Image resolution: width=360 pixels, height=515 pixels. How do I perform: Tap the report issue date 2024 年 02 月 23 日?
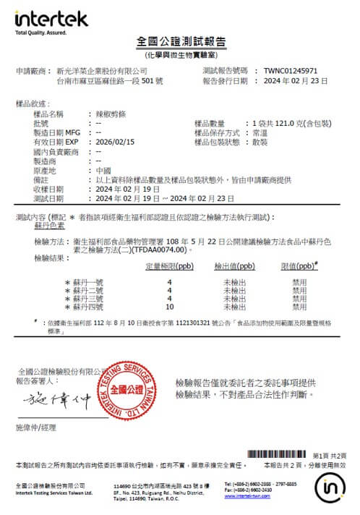tap(299, 81)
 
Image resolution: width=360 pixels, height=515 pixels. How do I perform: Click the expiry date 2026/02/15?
tap(115, 142)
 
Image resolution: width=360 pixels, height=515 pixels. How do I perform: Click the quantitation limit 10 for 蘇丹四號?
tap(169, 307)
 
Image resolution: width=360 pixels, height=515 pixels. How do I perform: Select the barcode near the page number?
tap(278, 454)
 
